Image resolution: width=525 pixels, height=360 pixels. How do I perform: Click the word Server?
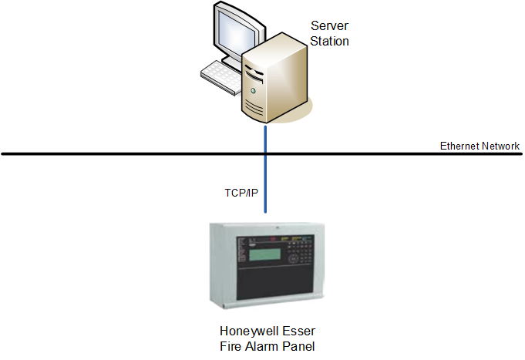(330, 27)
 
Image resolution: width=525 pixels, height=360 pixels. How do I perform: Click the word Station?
(330, 41)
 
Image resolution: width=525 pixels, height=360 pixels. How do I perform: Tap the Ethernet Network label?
(480, 146)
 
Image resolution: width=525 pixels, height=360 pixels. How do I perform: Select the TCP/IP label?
(241, 193)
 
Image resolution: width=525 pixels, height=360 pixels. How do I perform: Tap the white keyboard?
(221, 76)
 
